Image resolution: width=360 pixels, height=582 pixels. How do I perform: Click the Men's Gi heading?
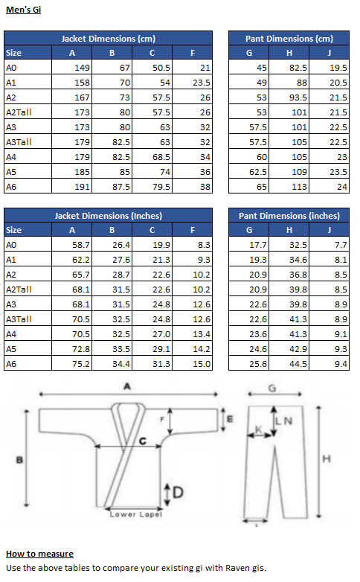click(x=23, y=10)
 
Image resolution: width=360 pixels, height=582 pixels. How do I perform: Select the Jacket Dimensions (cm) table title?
click(x=109, y=39)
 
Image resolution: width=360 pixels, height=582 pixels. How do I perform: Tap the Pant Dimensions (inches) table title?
click(x=289, y=216)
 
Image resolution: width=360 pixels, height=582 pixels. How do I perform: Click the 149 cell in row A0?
click(x=82, y=68)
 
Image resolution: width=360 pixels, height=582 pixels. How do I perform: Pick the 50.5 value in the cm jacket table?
click(x=161, y=68)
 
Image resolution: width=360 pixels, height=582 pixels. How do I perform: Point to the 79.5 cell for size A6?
click(x=161, y=187)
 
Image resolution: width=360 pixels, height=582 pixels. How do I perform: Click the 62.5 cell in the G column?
click(x=258, y=172)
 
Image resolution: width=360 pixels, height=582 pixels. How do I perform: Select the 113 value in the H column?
click(x=299, y=187)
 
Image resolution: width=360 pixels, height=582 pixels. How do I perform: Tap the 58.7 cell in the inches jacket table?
click(x=81, y=245)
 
